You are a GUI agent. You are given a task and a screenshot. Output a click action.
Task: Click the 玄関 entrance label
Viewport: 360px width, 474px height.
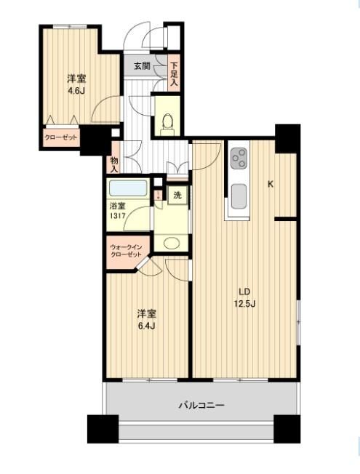142,66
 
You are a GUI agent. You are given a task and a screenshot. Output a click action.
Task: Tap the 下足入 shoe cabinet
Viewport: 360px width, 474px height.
174,73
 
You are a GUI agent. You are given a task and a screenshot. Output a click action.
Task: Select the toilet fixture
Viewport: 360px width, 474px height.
167,124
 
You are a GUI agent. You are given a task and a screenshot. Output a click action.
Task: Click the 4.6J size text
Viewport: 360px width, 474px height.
76,91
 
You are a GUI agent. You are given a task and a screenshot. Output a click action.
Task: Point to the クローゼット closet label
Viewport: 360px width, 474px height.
61,137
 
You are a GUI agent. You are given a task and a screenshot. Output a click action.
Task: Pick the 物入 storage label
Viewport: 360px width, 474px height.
114,164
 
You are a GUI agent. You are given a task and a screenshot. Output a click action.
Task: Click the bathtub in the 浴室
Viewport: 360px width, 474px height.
128,188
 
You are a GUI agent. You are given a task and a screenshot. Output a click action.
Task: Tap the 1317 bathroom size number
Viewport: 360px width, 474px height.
117,217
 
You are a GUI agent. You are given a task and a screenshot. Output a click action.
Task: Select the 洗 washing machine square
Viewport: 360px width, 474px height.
177,196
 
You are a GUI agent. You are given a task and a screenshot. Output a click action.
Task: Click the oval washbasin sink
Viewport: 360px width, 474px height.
171,243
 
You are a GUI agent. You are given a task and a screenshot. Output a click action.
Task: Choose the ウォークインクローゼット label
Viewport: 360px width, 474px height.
126,251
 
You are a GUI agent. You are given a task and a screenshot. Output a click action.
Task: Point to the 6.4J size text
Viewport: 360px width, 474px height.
147,326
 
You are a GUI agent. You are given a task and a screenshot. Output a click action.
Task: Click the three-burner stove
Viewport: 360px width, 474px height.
239,158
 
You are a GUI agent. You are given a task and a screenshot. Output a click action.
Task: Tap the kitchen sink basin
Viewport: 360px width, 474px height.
239,196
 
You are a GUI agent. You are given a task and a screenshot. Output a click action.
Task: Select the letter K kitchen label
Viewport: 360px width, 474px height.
271,184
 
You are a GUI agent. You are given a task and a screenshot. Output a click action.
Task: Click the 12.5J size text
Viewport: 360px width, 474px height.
244,304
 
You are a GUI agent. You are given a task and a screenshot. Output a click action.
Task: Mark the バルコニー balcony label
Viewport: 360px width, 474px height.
201,405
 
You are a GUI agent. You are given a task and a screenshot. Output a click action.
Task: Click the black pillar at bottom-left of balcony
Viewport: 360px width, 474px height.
103,429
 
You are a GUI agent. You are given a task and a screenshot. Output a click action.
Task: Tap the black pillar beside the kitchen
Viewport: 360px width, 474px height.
287,139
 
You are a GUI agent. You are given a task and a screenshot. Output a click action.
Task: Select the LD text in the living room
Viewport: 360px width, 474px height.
244,292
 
